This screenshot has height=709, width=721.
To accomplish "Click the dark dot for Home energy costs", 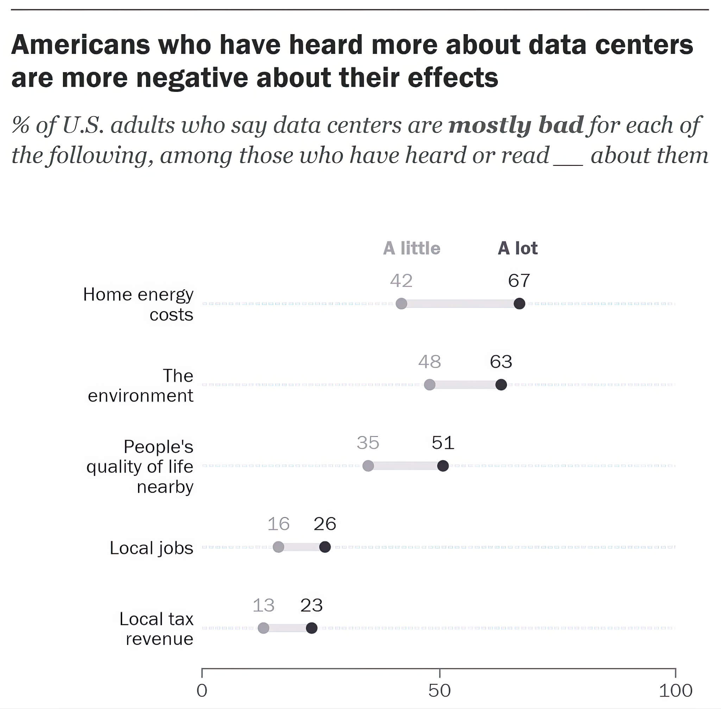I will (519, 303).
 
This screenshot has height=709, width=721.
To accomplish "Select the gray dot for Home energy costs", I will (401, 303).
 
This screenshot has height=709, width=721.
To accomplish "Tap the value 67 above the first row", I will (519, 281).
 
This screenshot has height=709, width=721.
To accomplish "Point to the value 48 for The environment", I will (430, 362).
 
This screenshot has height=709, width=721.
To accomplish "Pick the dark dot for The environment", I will (501, 385).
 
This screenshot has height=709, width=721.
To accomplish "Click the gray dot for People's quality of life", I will (368, 466).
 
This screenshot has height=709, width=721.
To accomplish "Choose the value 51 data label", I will (443, 443).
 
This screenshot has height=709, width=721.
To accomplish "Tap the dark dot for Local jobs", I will (325, 547).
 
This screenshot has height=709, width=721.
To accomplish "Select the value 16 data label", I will (278, 524).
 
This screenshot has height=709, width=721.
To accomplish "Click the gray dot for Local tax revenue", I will (263, 628).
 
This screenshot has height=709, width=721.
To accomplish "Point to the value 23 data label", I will (311, 605).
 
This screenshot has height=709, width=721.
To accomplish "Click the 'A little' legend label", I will (412, 249).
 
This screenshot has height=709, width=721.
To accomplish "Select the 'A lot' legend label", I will (518, 249).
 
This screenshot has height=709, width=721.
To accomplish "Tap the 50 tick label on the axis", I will (439, 691).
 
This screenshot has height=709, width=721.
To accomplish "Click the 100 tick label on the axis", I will (675, 691).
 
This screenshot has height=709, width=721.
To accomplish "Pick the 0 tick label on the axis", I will (202, 691).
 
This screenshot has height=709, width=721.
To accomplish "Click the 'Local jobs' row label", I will (151, 548).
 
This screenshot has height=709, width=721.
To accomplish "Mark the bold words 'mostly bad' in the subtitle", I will (516, 125).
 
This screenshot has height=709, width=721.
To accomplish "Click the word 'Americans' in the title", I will (80, 45).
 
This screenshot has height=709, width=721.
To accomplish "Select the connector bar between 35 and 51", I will (405, 466).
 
